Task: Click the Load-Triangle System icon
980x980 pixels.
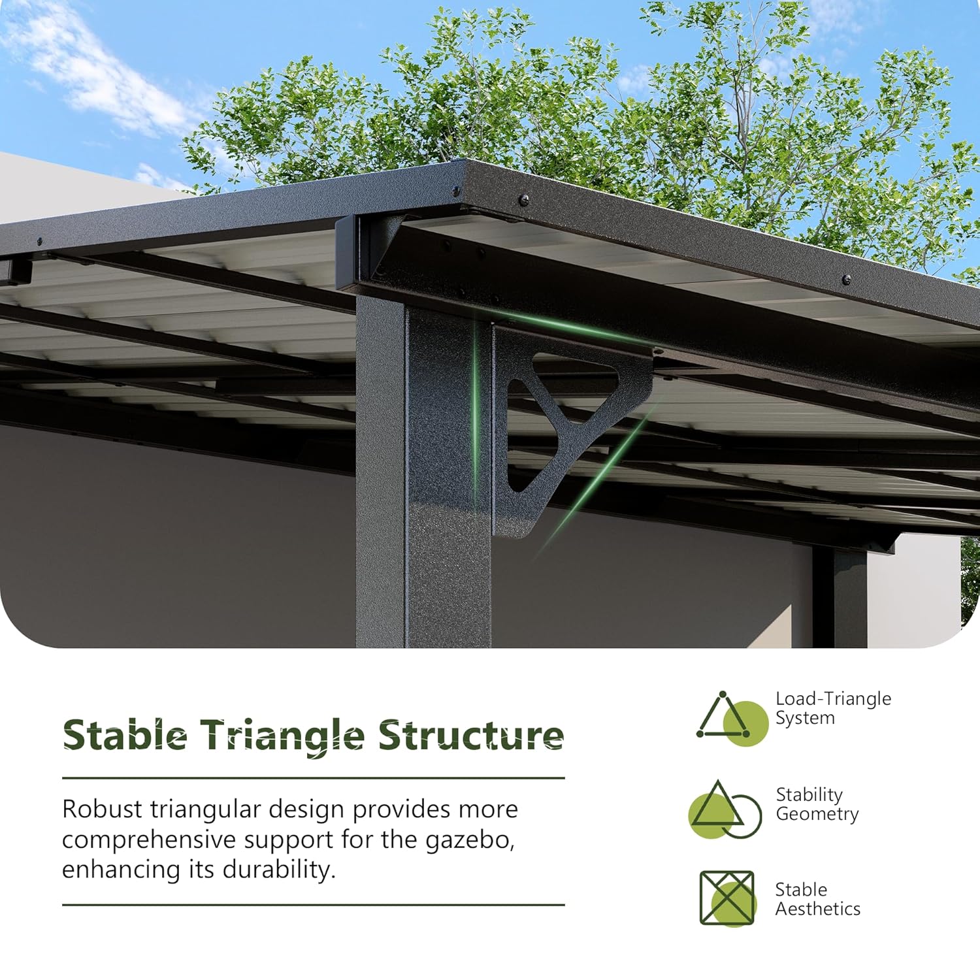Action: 732,718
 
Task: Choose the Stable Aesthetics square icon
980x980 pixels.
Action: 727,898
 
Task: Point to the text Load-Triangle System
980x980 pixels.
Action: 833,708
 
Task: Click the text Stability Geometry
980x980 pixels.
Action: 817,804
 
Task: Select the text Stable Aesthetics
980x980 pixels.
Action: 817,899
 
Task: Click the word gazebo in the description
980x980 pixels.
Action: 470,840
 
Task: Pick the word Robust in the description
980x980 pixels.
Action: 102,809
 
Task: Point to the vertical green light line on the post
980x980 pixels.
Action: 476,418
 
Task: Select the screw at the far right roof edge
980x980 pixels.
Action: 847,279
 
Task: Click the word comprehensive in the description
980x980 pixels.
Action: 148,840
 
